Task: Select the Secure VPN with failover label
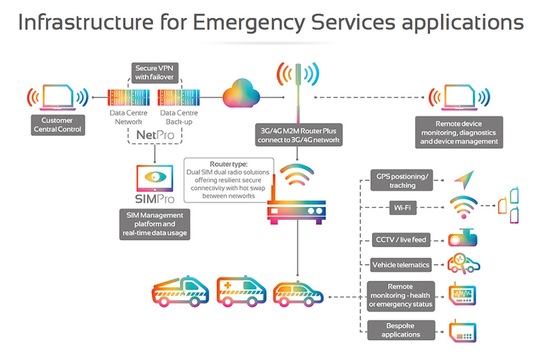[x=154, y=73]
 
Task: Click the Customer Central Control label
[x=57, y=125]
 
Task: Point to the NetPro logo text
[x=154, y=135]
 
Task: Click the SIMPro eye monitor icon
[x=154, y=178]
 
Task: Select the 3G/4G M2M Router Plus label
[x=299, y=135]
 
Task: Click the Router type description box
[x=228, y=180]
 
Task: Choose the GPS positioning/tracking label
[x=402, y=181]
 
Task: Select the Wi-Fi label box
[x=402, y=207]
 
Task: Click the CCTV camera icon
[x=464, y=238]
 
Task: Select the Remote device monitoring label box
[x=459, y=133]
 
